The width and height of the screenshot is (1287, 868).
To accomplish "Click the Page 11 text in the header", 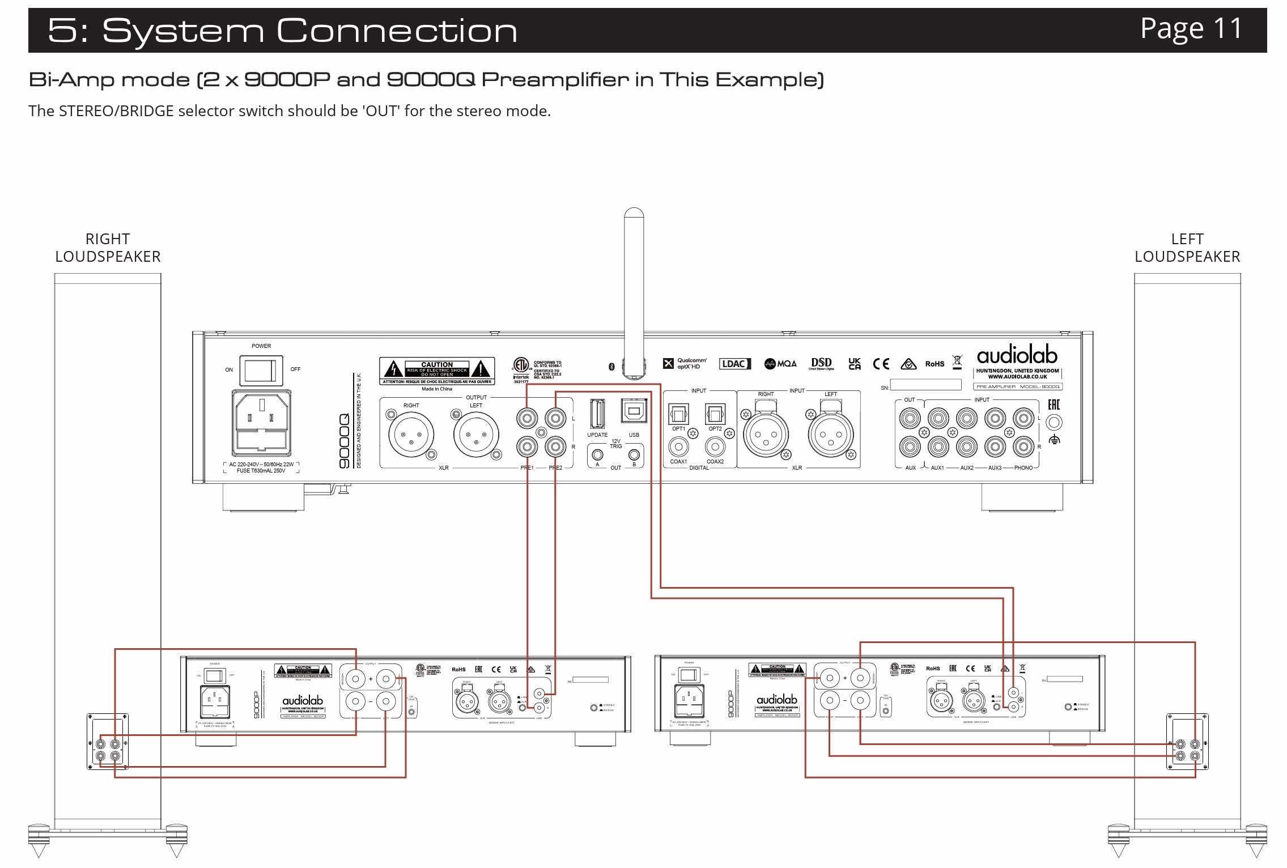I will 1191,28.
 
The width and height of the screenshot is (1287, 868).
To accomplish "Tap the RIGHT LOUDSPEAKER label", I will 108,248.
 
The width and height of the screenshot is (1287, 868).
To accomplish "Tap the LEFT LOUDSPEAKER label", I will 1187,248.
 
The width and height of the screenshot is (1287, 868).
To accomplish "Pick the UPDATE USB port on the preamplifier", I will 597,413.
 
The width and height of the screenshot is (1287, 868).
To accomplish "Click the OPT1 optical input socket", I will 678,414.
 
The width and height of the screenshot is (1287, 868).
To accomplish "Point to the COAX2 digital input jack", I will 715,447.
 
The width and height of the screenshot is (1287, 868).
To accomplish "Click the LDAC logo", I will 734,364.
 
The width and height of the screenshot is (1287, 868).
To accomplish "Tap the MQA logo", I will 780,364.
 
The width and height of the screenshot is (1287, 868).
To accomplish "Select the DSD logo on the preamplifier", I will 821,363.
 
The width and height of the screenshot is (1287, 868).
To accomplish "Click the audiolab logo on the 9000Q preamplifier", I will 1017,356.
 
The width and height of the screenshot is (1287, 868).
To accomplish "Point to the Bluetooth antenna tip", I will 634,215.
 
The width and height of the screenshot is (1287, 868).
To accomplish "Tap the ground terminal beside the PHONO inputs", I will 1054,423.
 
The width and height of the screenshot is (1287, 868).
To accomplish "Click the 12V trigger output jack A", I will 597,454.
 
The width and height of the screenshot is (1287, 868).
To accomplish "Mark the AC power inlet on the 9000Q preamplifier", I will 261,422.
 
